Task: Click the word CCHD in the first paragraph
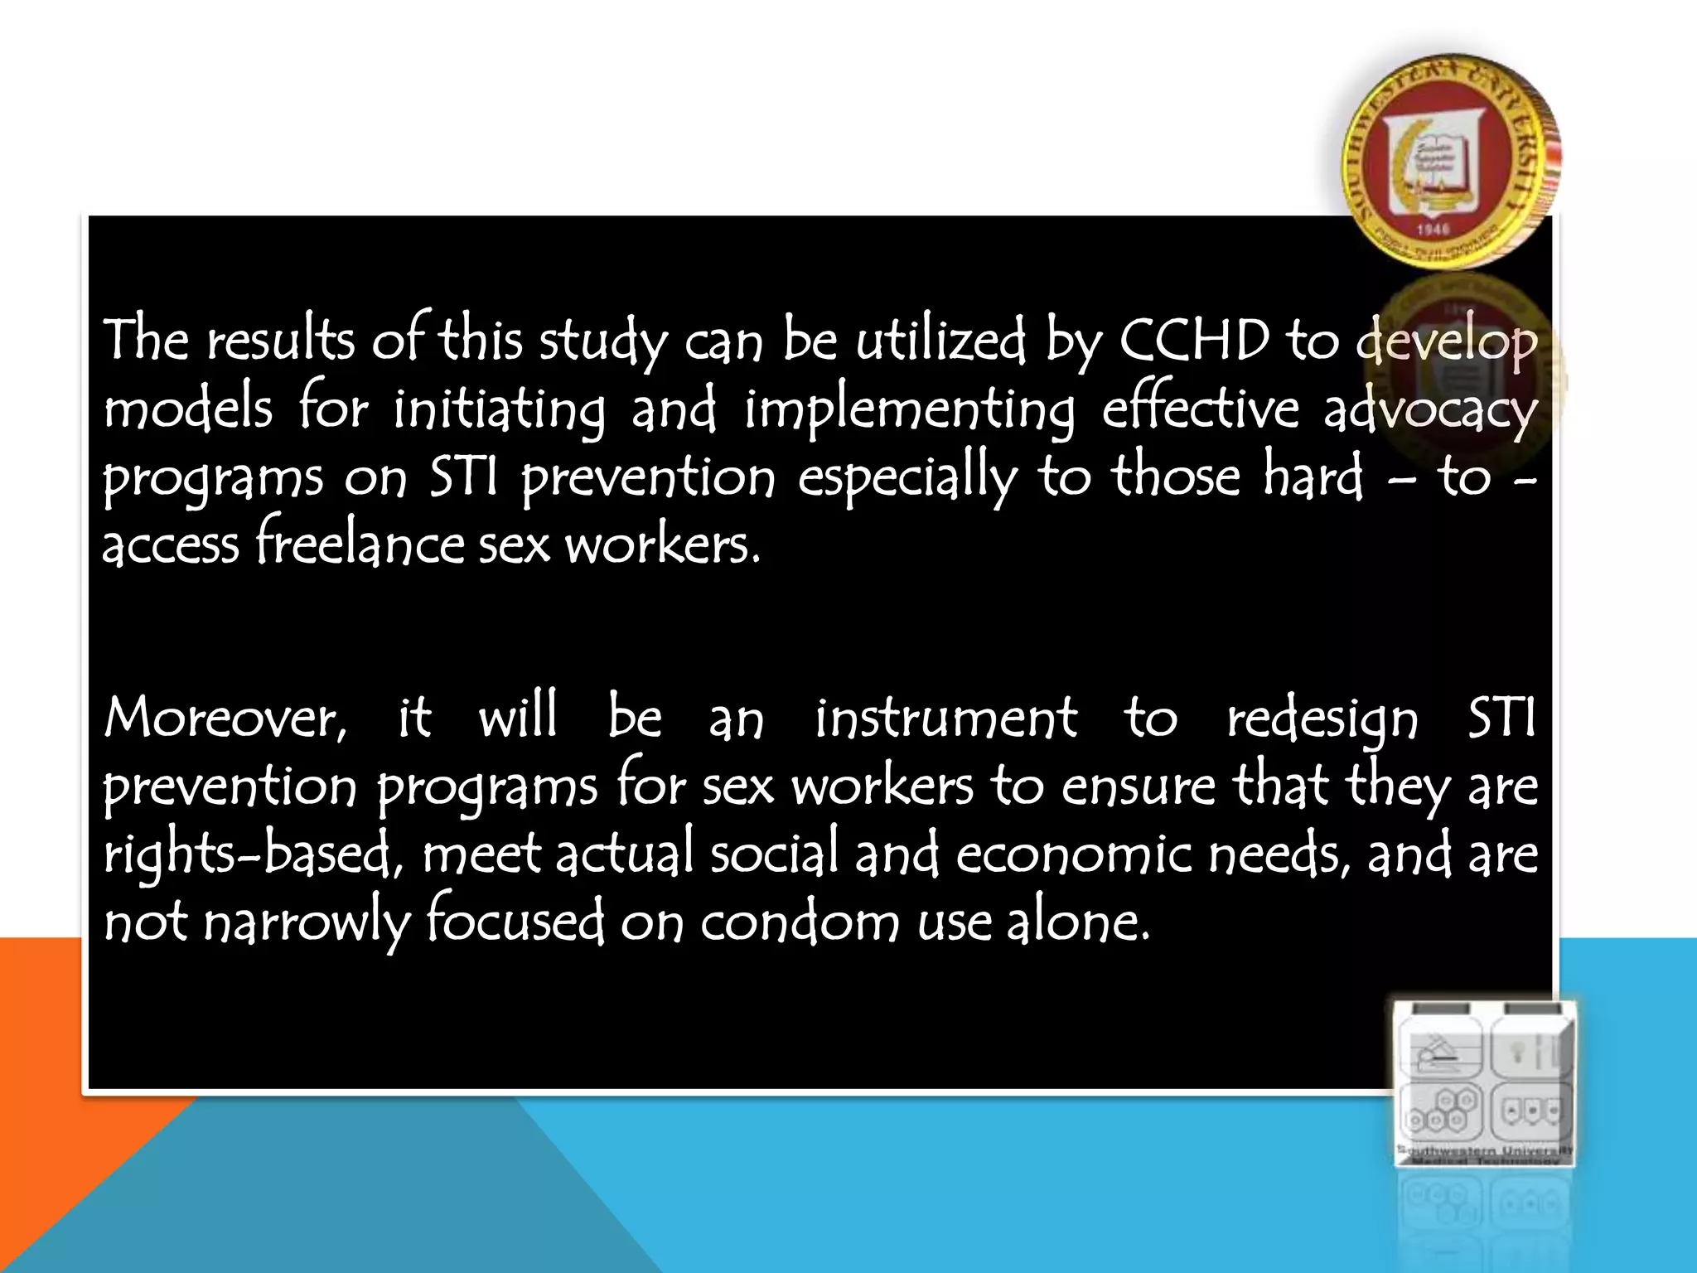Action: (x=1194, y=340)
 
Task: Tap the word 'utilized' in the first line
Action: (x=940, y=340)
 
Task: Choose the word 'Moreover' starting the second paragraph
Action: (x=224, y=718)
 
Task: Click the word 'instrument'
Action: (x=945, y=718)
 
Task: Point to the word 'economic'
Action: (x=1074, y=854)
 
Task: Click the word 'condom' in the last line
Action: (x=799, y=922)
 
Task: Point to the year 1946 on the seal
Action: (x=1432, y=229)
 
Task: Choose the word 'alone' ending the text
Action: (x=1077, y=922)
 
